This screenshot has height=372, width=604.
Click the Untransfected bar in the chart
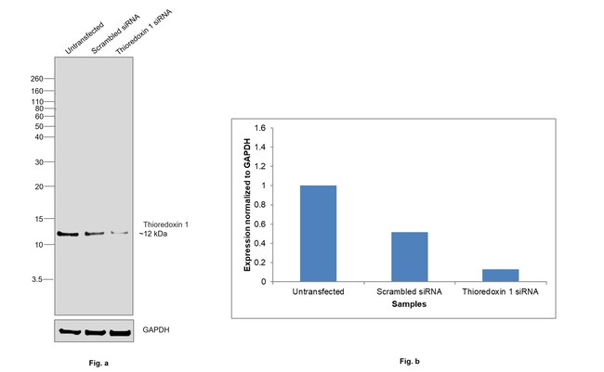318,233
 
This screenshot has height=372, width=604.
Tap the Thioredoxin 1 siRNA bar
500,275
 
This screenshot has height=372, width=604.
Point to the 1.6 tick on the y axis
263,128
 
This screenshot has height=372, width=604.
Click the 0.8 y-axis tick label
263,205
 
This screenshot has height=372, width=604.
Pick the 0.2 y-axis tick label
263,263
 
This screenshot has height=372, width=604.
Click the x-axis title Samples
409,303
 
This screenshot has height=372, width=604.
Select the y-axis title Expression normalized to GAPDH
248,204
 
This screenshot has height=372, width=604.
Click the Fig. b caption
409,361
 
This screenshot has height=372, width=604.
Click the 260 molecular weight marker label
38,78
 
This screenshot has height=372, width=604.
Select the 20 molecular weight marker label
40,186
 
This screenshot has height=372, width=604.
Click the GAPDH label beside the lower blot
155,330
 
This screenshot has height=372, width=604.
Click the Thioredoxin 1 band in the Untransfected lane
68,234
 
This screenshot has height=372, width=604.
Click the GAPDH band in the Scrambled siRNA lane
95,331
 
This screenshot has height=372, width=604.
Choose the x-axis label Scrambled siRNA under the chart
409,291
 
